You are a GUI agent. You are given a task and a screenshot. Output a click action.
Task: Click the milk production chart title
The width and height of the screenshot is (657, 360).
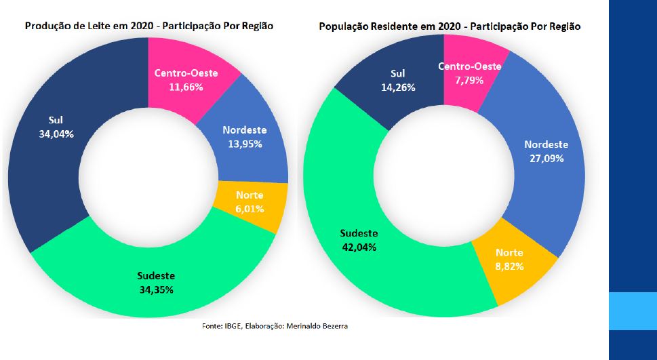click(149, 26)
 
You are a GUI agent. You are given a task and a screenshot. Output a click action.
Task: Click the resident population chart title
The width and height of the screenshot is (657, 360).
click(450, 26)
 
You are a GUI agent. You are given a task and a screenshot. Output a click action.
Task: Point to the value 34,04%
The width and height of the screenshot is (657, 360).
click(56, 134)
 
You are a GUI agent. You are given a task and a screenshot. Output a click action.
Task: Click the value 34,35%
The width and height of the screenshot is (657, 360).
click(156, 289)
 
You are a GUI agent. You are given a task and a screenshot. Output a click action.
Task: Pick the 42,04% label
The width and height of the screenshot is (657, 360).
click(359, 247)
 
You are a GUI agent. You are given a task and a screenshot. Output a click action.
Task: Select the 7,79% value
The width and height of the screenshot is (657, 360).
click(469, 79)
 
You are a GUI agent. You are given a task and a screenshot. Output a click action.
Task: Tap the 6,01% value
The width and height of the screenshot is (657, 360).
click(250, 209)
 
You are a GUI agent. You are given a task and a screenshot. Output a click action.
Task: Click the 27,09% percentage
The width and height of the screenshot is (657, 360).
click(546, 159)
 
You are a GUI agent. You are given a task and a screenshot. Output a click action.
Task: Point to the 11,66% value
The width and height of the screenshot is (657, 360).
click(186, 87)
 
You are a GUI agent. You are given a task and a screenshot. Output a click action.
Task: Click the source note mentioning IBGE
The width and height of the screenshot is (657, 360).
click(275, 325)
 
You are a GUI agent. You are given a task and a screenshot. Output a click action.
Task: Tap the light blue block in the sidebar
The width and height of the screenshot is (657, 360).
click(633, 311)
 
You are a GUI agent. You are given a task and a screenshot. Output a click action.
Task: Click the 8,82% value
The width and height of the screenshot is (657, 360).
click(509, 266)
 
